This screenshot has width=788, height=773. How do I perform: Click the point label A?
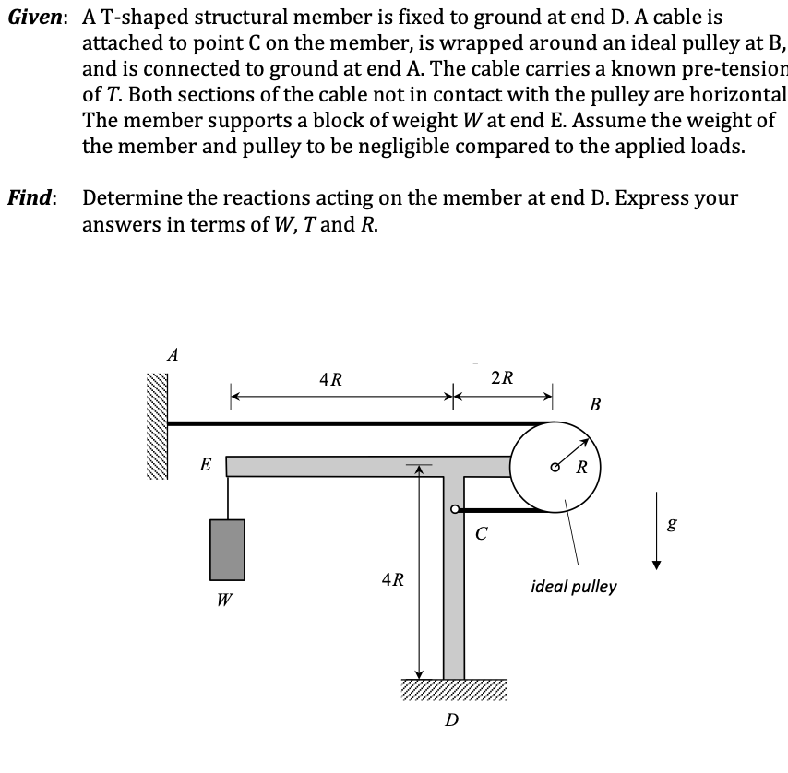[x=172, y=352]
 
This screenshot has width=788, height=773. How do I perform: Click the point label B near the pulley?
[x=595, y=403]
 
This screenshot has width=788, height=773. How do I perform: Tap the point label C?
[x=481, y=532]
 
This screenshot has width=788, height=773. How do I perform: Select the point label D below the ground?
[x=451, y=719]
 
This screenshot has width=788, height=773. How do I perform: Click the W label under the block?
[x=225, y=601]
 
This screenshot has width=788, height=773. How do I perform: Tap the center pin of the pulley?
[x=556, y=465]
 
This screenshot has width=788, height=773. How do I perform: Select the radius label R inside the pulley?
[x=582, y=465]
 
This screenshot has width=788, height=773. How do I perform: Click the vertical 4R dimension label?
[x=392, y=579]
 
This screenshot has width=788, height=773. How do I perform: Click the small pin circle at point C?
[x=454, y=508]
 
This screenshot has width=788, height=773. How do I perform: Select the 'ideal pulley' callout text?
[x=574, y=587]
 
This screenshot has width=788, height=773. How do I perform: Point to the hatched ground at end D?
[x=454, y=690]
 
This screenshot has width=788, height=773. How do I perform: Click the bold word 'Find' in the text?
[x=32, y=197]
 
